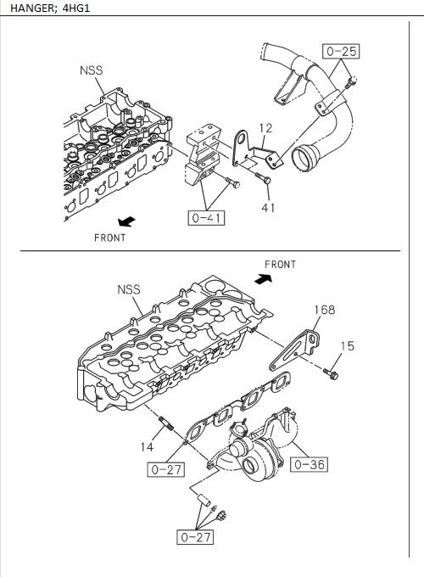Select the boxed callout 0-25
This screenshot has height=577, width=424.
coord(340,51)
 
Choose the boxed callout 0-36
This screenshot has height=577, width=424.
coord(309,464)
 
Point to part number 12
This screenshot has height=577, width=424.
coord(265,128)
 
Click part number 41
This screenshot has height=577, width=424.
coord(269,206)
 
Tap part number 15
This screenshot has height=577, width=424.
coord(348,345)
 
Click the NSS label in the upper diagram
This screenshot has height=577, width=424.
coord(92,71)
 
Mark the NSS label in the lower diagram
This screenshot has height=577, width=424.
coord(128,289)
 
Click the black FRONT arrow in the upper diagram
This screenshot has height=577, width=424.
coord(126,221)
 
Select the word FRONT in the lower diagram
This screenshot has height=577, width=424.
coord(280,264)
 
